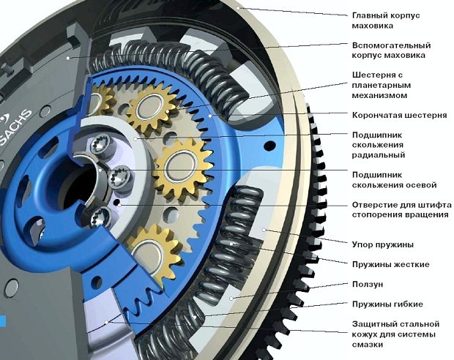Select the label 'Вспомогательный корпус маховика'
[x=390, y=50]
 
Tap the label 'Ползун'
[x=368, y=284]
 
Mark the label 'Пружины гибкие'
[x=387, y=304]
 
